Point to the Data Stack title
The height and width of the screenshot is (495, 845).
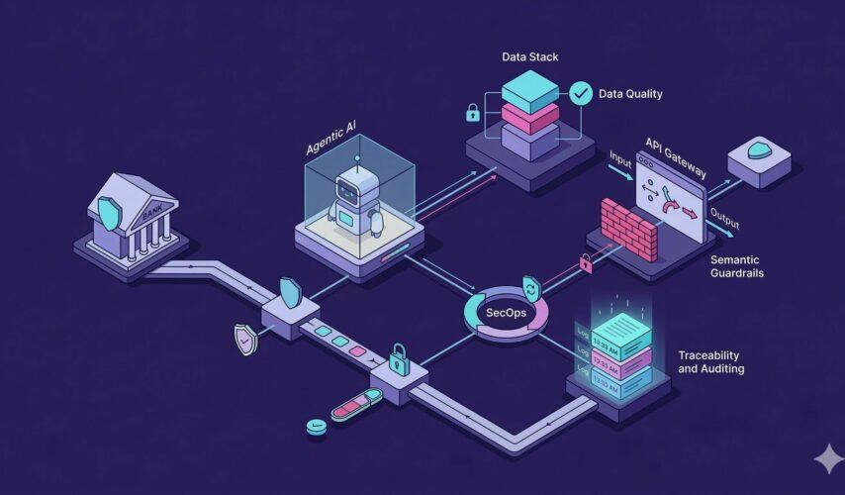coord(529,57)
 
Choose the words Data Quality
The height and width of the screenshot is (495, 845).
coord(630,94)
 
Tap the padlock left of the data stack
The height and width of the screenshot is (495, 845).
coord(473,112)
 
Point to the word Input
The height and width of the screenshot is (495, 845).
coord(621,158)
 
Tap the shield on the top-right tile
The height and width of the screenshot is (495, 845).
coord(759,150)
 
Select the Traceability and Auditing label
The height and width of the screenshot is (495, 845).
coord(711,361)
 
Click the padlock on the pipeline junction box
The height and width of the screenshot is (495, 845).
coord(399,354)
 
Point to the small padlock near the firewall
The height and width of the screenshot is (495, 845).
coord(586,262)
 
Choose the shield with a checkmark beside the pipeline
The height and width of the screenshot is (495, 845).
coord(243,340)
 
